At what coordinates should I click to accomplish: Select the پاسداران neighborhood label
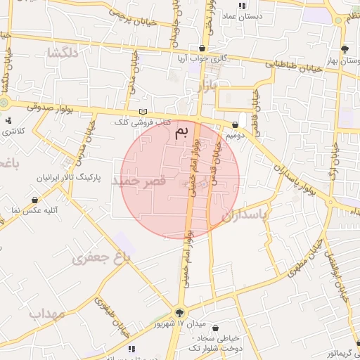[x=245, y=216]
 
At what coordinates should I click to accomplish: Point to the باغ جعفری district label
[x=101, y=258]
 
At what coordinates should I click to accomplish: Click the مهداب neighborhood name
[x=47, y=313]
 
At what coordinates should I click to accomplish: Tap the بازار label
[x=202, y=87]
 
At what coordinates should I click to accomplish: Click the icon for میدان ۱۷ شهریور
[x=180, y=313]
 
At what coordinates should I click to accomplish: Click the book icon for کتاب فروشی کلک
[x=144, y=112]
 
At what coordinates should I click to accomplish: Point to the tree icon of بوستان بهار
[x=345, y=49]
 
